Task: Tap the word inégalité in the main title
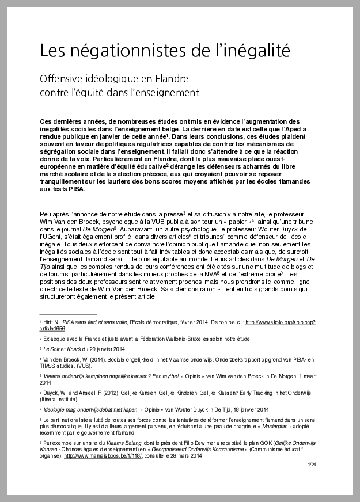(x=256, y=51)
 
